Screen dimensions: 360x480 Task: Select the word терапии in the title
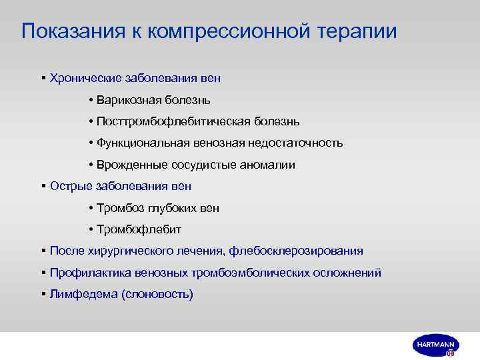point(360,31)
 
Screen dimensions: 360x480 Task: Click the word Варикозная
point(128,100)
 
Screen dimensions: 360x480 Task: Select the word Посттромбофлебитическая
point(163,121)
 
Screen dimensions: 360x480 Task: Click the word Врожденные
point(127,165)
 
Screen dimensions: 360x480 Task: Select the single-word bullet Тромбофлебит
point(139,229)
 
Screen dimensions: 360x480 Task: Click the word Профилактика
point(91,272)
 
